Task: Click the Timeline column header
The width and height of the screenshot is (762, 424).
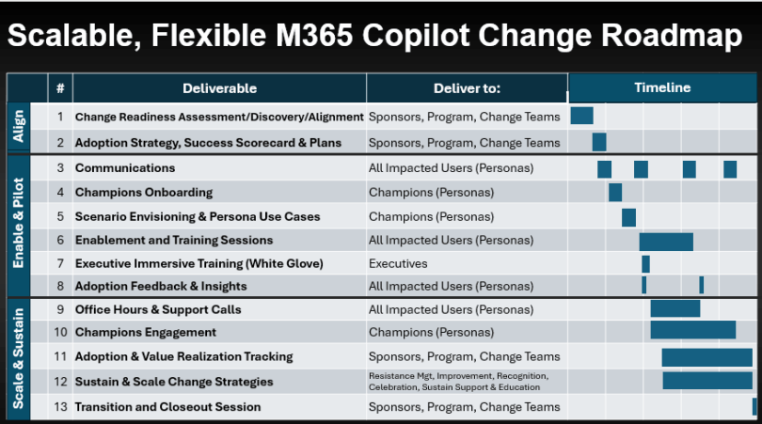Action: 661,87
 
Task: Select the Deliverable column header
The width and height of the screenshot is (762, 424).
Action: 219,88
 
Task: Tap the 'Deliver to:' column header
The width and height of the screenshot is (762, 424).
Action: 467,88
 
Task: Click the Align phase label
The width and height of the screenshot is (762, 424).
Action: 19,128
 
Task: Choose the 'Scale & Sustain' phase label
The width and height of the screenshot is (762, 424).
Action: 19,358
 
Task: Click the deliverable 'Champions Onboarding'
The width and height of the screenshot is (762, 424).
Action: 144,193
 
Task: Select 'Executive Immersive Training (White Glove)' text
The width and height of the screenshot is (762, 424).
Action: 198,264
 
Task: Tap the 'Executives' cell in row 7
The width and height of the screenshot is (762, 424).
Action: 398,264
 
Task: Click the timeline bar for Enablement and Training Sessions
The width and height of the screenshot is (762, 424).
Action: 666,242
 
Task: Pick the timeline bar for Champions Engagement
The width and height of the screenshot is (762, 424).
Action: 693,330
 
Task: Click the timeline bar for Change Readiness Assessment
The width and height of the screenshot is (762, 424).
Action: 581,116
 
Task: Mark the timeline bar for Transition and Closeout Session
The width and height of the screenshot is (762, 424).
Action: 754,406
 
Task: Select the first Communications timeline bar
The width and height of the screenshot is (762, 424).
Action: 604,169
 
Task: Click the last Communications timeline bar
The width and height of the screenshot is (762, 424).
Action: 730,169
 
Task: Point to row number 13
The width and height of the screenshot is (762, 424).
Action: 60,407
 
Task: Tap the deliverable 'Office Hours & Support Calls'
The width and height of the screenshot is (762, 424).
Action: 158,309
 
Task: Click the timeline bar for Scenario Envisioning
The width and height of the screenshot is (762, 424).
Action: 628,217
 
